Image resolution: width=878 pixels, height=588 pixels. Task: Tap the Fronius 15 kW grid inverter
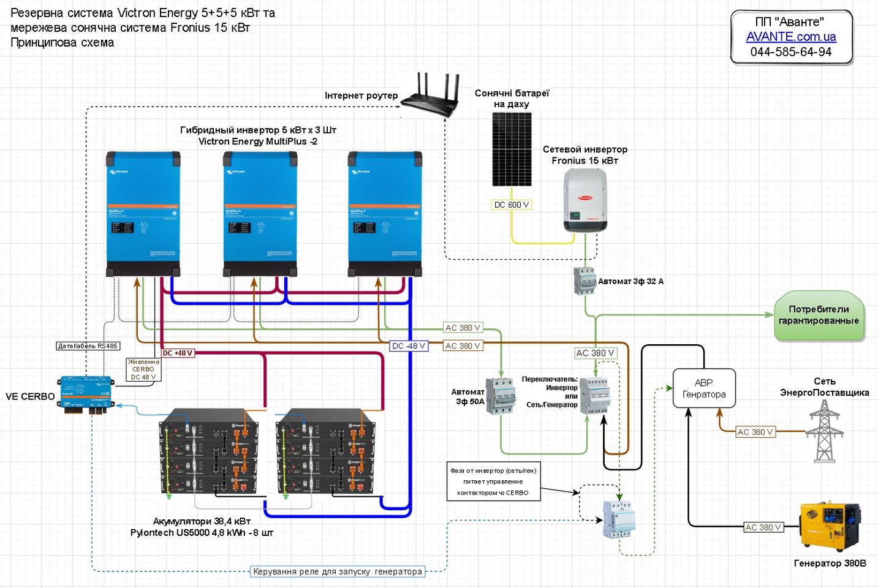[585, 201]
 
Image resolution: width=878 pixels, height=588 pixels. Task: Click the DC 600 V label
[511, 205]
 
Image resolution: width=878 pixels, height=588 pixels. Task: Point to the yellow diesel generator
[830, 527]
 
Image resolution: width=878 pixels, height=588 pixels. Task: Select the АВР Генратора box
[703, 388]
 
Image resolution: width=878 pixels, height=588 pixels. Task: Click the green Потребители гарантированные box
[819, 315]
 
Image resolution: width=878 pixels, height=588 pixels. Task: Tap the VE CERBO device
[86, 394]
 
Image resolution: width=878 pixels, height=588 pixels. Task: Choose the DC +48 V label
[178, 353]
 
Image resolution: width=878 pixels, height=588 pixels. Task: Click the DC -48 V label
[409, 346]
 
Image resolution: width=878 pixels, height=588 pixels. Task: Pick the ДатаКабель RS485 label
[88, 346]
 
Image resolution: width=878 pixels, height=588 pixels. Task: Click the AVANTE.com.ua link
[790, 37]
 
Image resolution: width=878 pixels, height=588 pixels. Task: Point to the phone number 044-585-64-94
[790, 52]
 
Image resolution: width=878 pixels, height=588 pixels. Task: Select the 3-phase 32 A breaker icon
[585, 281]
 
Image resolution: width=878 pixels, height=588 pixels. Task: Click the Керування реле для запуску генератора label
[338, 571]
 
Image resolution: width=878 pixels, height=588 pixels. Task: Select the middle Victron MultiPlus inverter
[260, 214]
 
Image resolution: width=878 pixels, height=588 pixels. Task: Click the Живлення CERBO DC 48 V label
[143, 369]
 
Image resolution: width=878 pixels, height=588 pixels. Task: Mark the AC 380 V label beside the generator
[763, 527]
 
